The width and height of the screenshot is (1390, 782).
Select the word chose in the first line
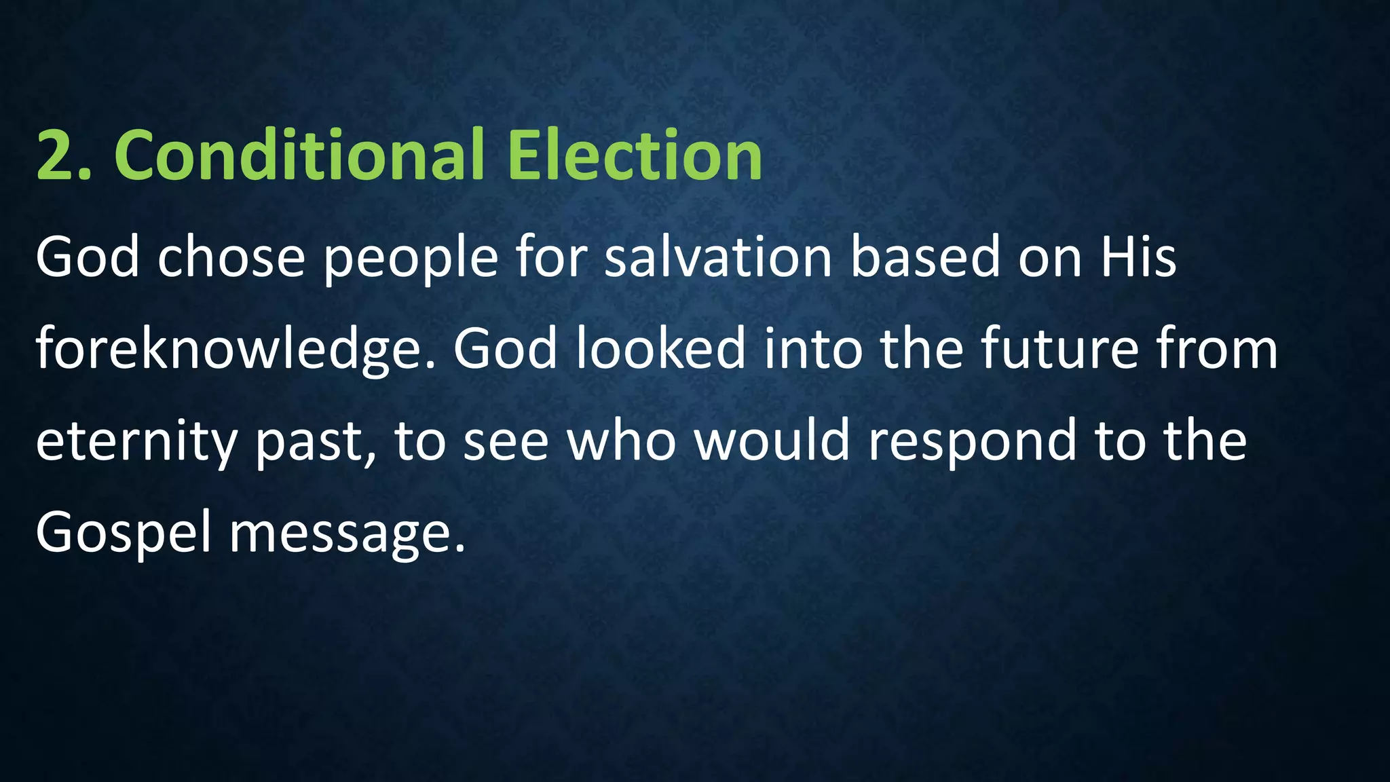(x=231, y=259)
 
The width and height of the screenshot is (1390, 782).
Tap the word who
(x=621, y=441)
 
